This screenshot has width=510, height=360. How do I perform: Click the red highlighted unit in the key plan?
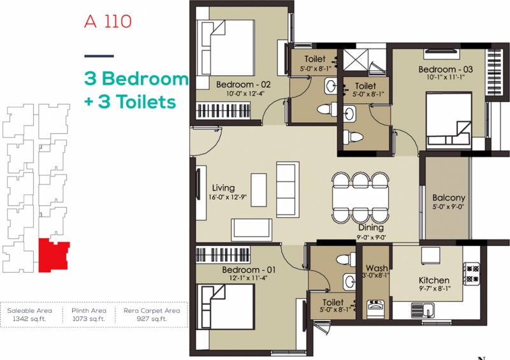pyautogui.click(x=54, y=256)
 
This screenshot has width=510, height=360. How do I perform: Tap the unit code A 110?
pyautogui.click(x=108, y=22)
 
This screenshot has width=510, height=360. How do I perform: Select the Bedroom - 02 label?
pyautogui.click(x=244, y=85)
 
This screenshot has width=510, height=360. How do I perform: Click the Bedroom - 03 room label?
pyautogui.click(x=446, y=69)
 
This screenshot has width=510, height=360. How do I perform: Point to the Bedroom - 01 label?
pyautogui.click(x=249, y=270)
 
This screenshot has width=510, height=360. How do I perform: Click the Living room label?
pyautogui.click(x=223, y=188)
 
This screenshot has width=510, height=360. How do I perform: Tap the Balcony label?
pyautogui.click(x=449, y=198)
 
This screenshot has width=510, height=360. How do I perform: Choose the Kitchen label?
pyautogui.click(x=434, y=280)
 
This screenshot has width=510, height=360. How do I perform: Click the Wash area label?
pyautogui.click(x=377, y=268)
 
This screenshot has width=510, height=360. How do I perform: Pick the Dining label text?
pyautogui.click(x=371, y=227)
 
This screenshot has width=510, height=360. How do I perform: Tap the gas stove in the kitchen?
pyautogui.click(x=471, y=274)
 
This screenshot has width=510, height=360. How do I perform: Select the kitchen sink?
pyautogui.click(x=422, y=310)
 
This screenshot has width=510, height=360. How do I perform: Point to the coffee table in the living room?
pyautogui.click(x=259, y=190)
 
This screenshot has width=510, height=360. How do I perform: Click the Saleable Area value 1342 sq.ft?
pyautogui.click(x=29, y=319)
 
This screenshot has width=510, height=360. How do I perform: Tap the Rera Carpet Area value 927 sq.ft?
pyautogui.click(x=152, y=319)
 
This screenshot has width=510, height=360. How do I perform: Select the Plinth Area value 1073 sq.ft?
pyautogui.click(x=89, y=319)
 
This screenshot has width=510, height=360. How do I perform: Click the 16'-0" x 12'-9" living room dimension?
pyautogui.click(x=228, y=197)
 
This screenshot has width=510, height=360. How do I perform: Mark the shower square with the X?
pyautogui.click(x=356, y=59)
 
